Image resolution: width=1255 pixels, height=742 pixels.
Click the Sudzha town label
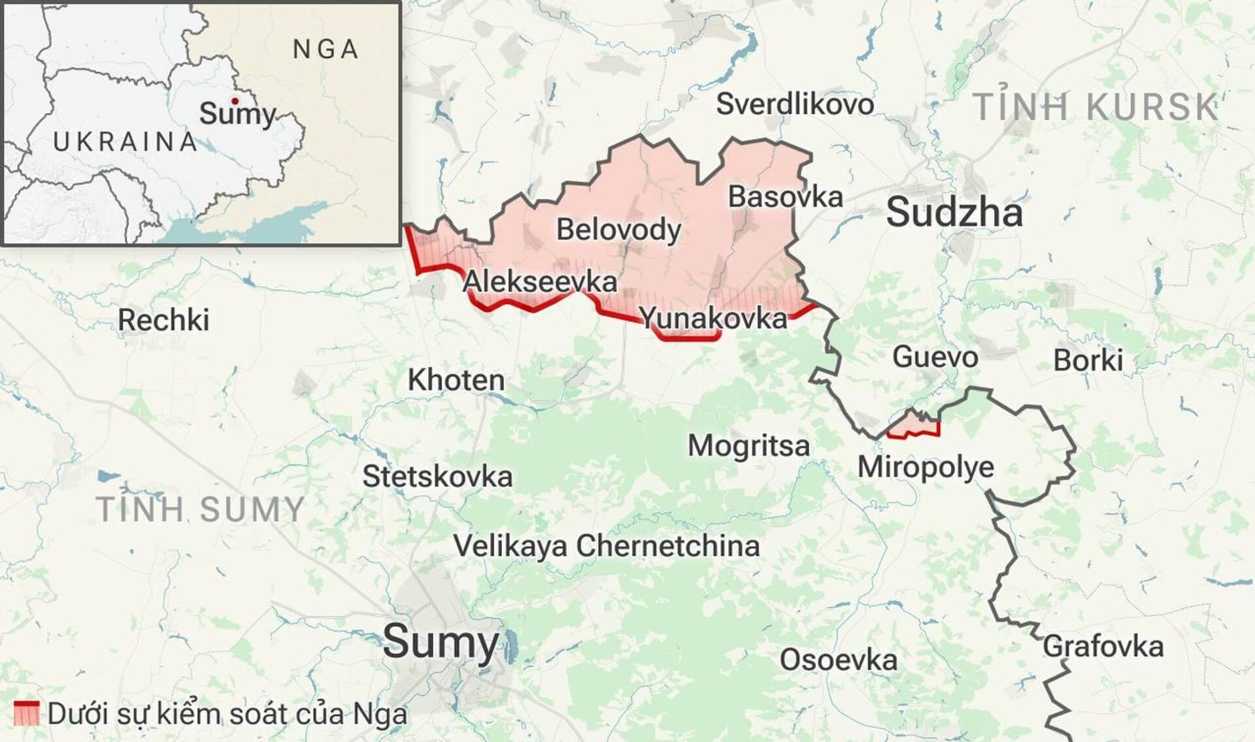pyautogui.click(x=954, y=214)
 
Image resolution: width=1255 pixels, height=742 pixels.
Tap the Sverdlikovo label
pyautogui.click(x=795, y=105)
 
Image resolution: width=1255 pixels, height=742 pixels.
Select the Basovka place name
pyautogui.click(x=785, y=197)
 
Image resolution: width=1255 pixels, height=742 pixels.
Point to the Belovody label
pyautogui.click(x=618, y=230)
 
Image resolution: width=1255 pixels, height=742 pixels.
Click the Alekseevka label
pyautogui.click(x=539, y=282)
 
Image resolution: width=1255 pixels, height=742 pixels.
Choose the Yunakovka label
pyautogui.click(x=713, y=319)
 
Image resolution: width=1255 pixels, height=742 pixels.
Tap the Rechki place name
pyautogui.click(x=163, y=321)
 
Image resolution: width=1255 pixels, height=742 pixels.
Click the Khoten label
pyautogui.click(x=456, y=380)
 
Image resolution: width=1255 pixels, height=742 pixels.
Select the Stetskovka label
pyautogui.click(x=437, y=477)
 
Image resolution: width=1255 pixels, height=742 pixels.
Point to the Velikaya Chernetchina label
pyautogui.click(x=606, y=546)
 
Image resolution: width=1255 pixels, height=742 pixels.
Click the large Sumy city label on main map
pyautogui.click(x=441, y=642)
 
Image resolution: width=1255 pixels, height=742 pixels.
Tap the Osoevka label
pyautogui.click(x=838, y=660)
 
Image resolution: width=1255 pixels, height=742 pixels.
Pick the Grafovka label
pyautogui.click(x=1103, y=647)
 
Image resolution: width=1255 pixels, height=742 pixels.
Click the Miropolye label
pyautogui.click(x=926, y=467)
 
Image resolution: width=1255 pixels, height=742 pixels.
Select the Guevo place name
pyautogui.click(x=935, y=357)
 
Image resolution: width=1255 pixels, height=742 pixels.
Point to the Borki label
pyautogui.click(x=1088, y=361)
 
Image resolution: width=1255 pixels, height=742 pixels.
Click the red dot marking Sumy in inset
pyautogui.click(x=234, y=101)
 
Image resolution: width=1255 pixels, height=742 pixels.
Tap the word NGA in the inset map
pyautogui.click(x=326, y=50)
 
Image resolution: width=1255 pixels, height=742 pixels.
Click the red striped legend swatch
pyautogui.click(x=27, y=713)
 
